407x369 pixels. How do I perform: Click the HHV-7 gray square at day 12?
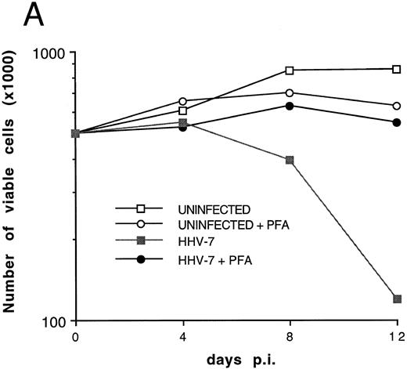(398, 299)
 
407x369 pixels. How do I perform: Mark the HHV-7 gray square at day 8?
(290, 160)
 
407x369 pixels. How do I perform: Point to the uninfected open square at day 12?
(398, 69)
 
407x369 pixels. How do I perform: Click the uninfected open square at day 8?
(290, 71)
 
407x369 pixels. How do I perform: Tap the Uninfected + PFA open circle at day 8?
(290, 92)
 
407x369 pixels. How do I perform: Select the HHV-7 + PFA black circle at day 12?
(398, 122)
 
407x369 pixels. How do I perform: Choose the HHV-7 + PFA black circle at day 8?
(290, 106)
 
